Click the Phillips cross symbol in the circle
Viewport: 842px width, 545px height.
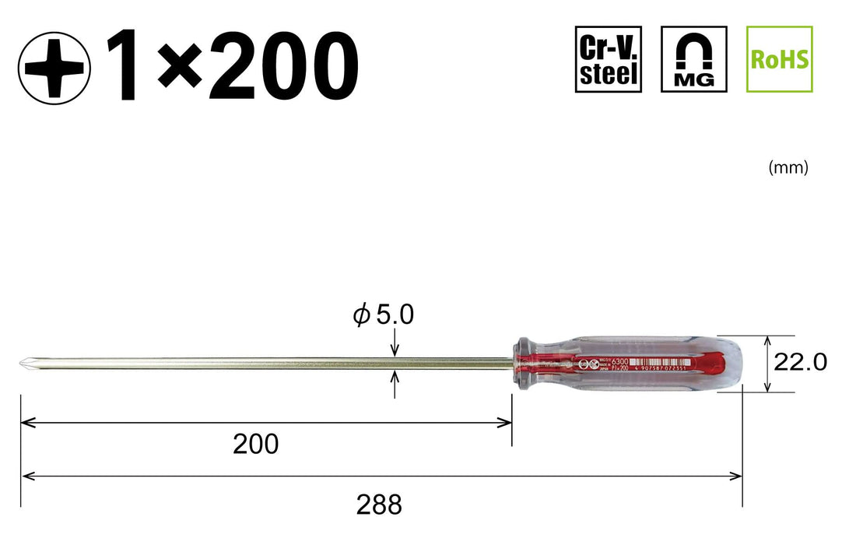pos(54,68)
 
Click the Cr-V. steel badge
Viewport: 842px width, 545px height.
pos(609,59)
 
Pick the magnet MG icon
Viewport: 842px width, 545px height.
pos(693,59)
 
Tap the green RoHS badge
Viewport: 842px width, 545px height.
pos(779,59)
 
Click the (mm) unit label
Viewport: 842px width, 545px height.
pos(788,167)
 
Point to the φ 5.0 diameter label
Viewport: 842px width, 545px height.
pos(383,315)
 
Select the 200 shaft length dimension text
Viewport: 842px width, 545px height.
pos(255,445)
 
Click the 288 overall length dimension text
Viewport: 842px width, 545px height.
pos(379,505)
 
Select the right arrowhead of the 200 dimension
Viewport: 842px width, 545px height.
pos(506,423)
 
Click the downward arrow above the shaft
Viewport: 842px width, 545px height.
pos(395,350)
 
